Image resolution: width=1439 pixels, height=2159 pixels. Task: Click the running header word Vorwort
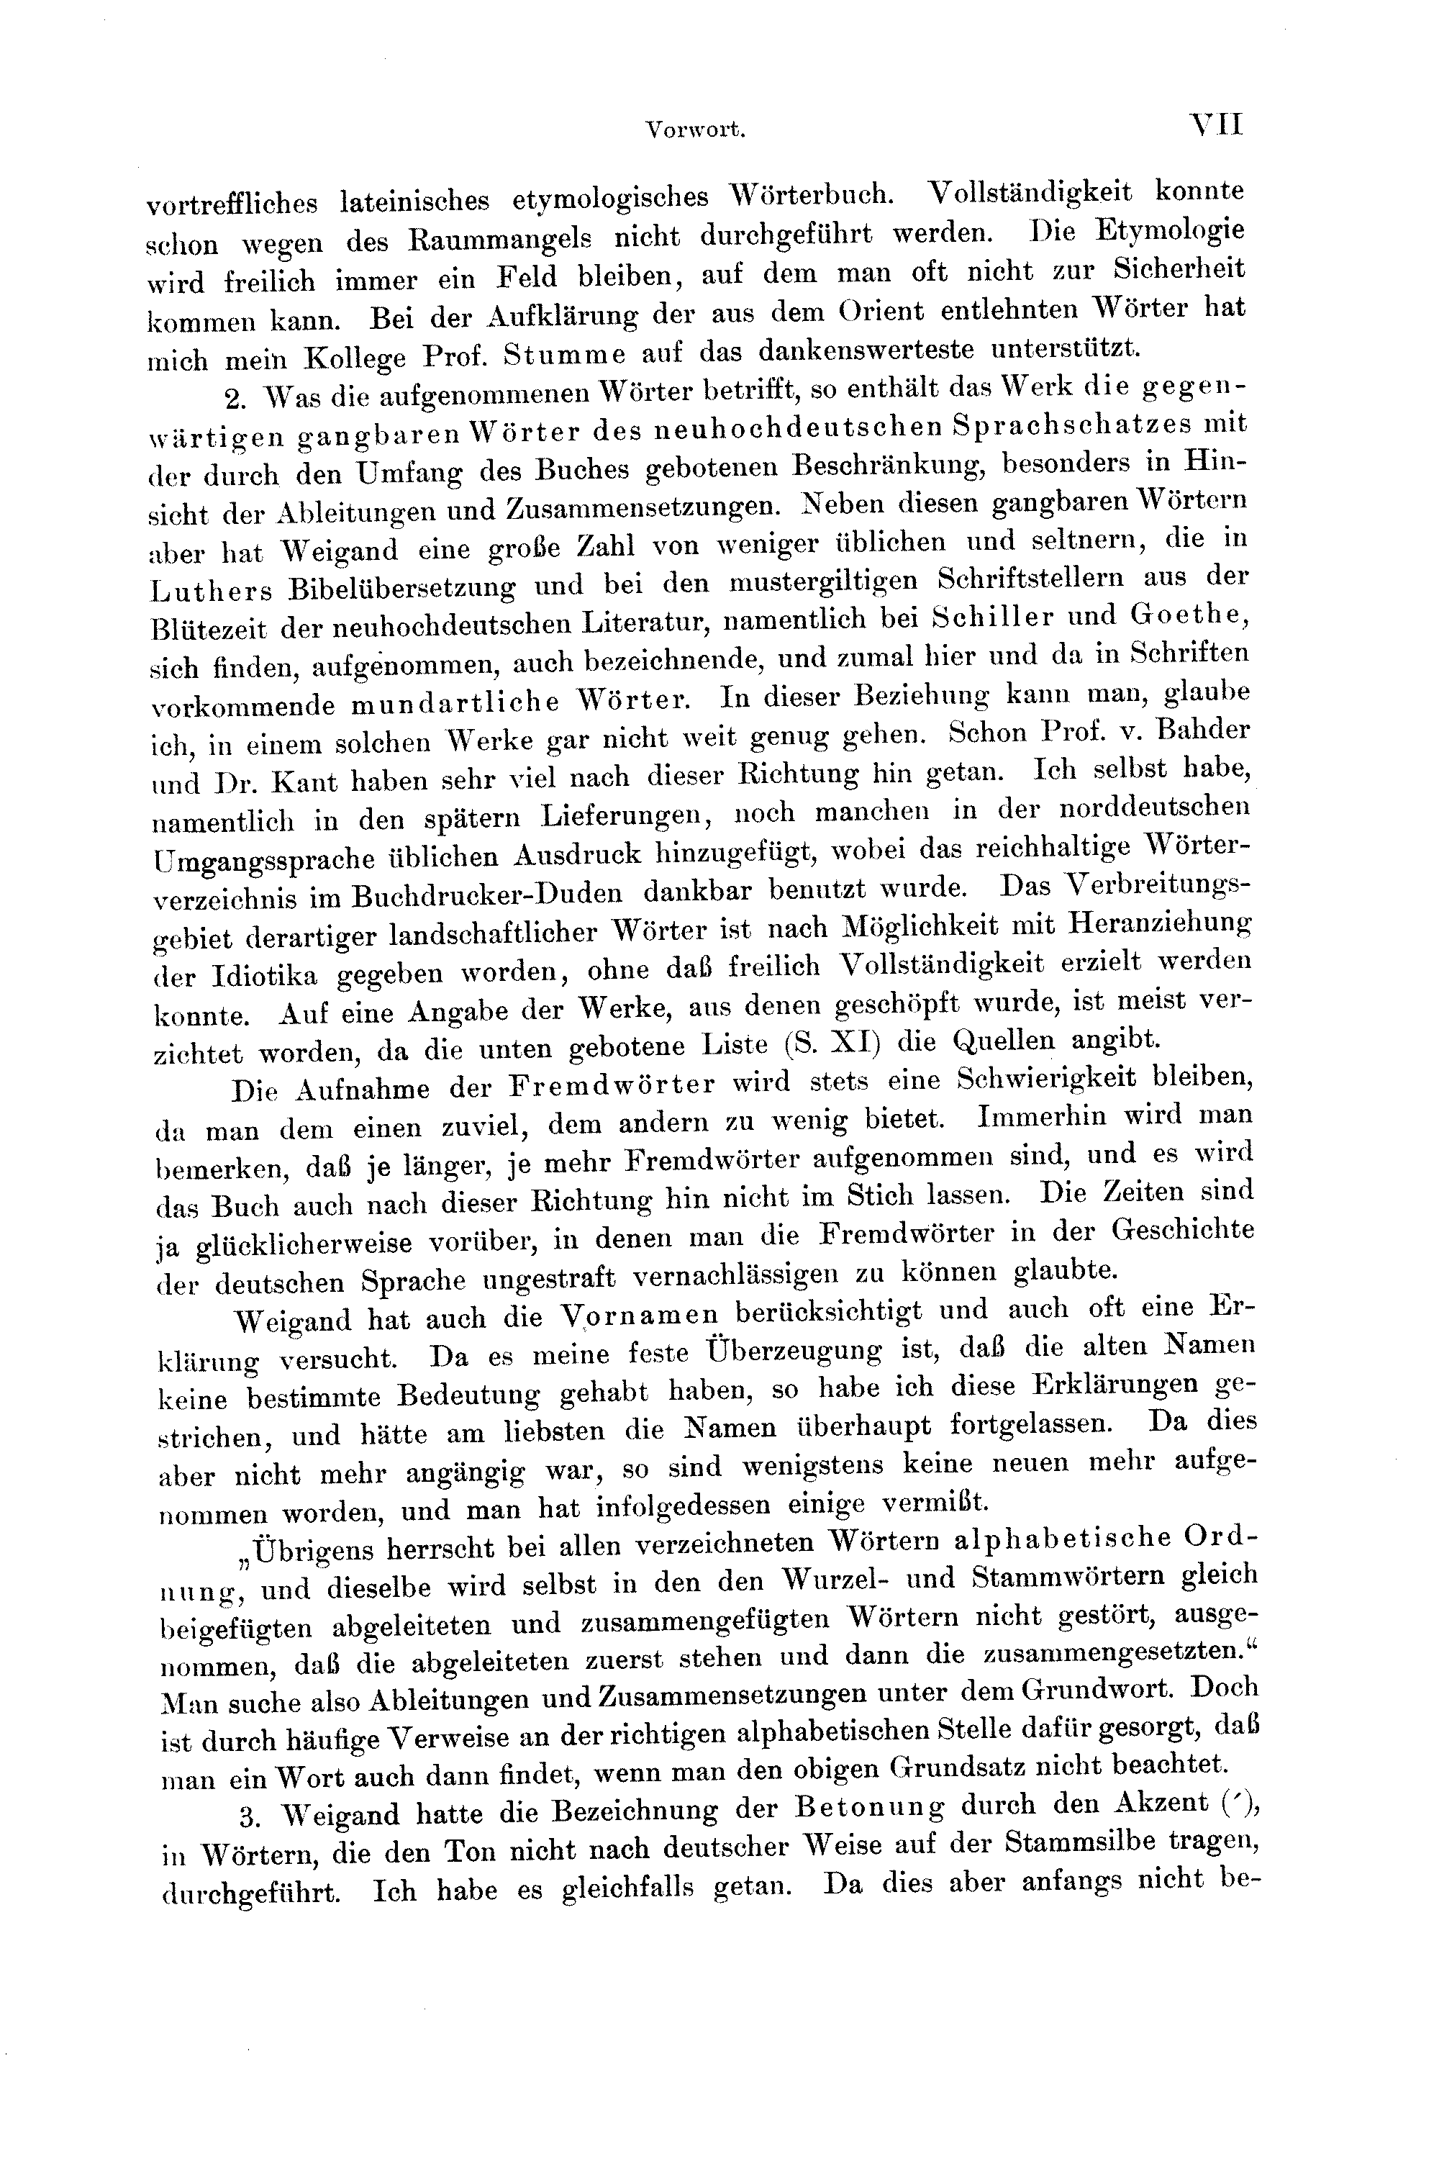[695, 130]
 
